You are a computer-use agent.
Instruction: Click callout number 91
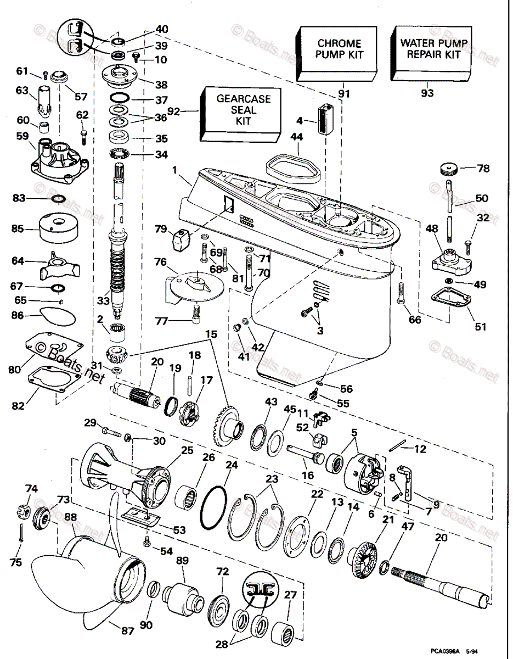point(343,94)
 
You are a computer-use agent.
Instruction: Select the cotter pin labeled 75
point(20,533)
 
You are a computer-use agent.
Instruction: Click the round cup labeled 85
point(57,227)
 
